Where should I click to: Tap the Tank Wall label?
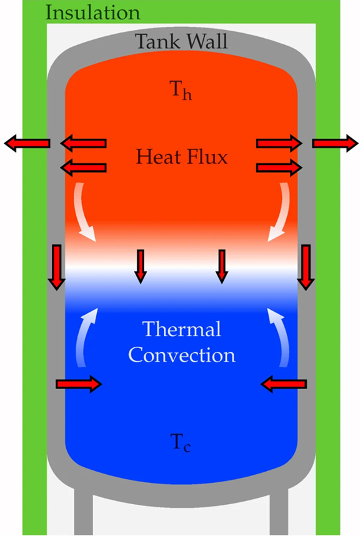(181, 42)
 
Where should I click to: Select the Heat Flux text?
(182, 156)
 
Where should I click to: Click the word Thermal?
(181, 329)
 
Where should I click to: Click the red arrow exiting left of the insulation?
(27, 144)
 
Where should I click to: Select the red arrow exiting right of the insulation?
(335, 144)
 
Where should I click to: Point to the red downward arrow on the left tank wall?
(57, 267)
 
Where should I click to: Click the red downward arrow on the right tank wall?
(305, 267)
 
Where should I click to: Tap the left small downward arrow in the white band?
(141, 266)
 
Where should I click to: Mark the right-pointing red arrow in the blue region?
(79, 384)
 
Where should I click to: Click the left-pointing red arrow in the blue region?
(284, 384)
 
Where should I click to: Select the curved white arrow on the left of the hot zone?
(84, 212)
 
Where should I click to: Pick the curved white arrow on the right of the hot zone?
(279, 212)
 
